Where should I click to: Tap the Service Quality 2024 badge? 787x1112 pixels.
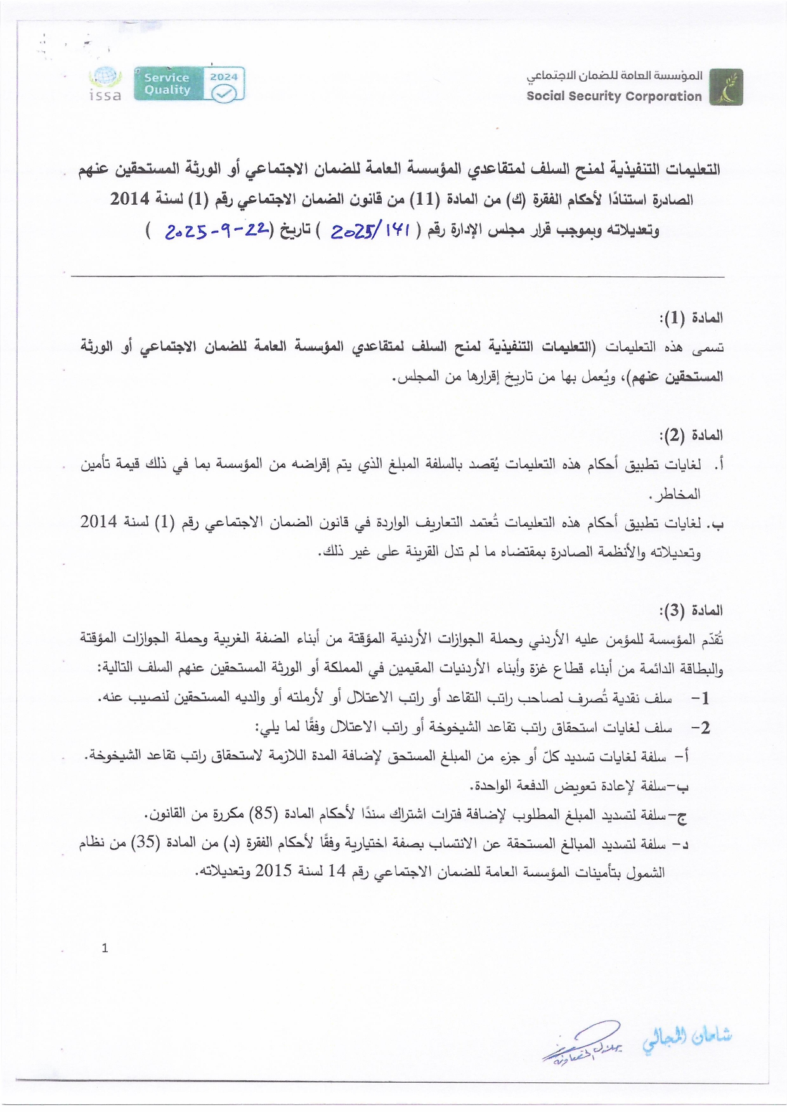coord(190,84)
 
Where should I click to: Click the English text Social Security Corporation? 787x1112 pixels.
coord(614,96)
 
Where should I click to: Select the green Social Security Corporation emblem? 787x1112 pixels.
coord(726,87)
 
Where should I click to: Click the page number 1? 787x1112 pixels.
coord(105,948)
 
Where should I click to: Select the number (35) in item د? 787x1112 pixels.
coord(146,843)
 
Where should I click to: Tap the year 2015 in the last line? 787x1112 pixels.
coord(273,871)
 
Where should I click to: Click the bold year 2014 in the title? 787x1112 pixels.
coord(129,199)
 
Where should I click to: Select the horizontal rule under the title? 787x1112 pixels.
coord(398,276)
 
